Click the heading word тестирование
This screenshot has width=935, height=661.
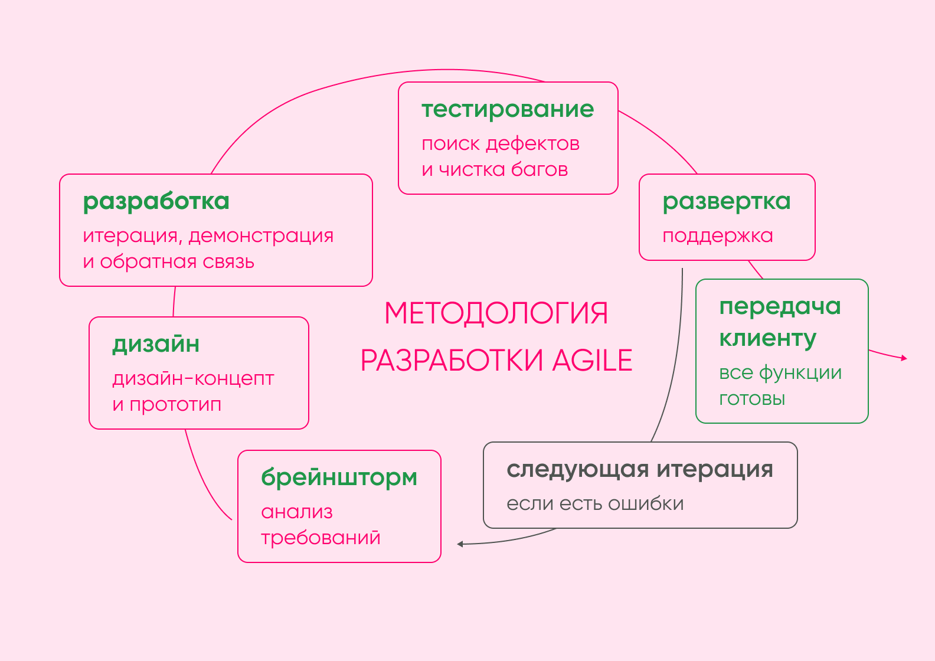click(x=508, y=110)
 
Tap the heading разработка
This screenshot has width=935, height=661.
click(x=156, y=202)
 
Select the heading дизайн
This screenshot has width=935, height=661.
click(x=156, y=344)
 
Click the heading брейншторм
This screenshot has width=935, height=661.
click(x=339, y=477)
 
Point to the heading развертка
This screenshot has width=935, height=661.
click(x=726, y=202)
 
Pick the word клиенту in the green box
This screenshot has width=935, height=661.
click(x=767, y=338)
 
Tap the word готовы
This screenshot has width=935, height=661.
click(x=752, y=399)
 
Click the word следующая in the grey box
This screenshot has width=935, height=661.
click(x=577, y=470)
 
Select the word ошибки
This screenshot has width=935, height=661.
click(x=646, y=503)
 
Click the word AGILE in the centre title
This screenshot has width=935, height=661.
click(x=592, y=361)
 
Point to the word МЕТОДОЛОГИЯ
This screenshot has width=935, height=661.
click(x=496, y=313)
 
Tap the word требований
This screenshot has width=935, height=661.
click(x=321, y=538)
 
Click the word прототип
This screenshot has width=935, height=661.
click(x=175, y=405)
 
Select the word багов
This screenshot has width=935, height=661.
click(x=540, y=169)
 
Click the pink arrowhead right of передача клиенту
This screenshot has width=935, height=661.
click(x=904, y=358)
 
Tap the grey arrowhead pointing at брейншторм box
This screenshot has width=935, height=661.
click(x=460, y=544)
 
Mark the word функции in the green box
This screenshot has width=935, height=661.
click(x=800, y=372)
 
